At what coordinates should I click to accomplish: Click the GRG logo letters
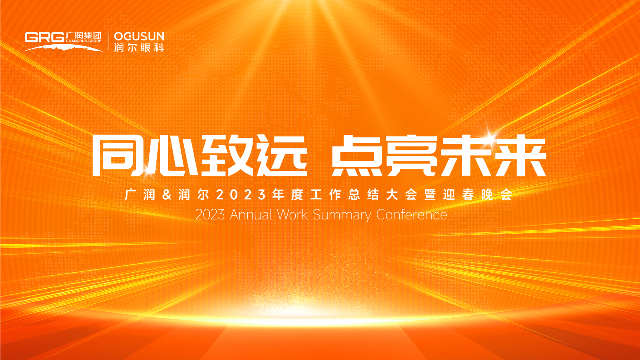45,37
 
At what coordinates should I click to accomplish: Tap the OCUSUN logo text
139,37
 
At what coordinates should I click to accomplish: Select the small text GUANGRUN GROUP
83,41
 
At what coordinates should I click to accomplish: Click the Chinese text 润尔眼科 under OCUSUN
139,47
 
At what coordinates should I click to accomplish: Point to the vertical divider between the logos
108,42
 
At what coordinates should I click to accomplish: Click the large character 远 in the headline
281,156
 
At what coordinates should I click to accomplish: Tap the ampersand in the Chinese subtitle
167,195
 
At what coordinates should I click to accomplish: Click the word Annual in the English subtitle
251,215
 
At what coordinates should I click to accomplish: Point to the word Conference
411,215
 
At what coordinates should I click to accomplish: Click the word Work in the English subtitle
292,215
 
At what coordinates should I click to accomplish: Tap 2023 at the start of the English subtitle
210,215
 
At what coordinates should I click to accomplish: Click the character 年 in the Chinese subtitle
278,195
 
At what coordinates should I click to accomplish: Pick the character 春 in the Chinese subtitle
468,195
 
